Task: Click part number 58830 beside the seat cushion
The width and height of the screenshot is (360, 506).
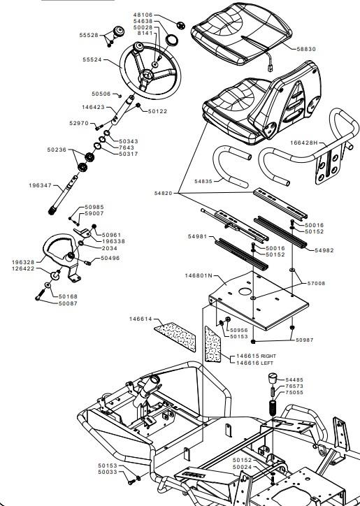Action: (x=306, y=49)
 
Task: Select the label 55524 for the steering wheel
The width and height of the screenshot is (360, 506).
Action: (x=92, y=59)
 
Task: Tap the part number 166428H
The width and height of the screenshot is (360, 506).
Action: (x=304, y=143)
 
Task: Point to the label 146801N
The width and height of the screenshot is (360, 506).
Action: (x=199, y=275)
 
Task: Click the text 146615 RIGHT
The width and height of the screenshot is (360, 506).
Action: (x=256, y=356)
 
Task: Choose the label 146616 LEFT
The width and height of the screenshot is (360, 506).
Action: (x=254, y=363)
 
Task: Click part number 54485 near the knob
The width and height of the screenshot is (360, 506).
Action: (x=294, y=379)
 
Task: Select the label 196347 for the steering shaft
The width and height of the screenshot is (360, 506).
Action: (x=40, y=185)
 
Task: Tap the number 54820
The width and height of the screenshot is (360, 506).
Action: (x=164, y=194)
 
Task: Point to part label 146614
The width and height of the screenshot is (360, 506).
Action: (x=141, y=319)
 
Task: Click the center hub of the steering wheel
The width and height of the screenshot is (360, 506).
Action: (x=147, y=75)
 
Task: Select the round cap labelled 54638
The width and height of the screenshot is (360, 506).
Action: (x=172, y=41)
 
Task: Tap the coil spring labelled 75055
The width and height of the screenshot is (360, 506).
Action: (x=273, y=407)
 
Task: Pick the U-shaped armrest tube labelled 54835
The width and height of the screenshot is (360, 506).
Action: (x=230, y=166)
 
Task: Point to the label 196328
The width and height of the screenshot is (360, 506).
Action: (x=23, y=262)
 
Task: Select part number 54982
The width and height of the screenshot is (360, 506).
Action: (x=324, y=250)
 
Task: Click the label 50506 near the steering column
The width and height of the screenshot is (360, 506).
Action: (x=101, y=94)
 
